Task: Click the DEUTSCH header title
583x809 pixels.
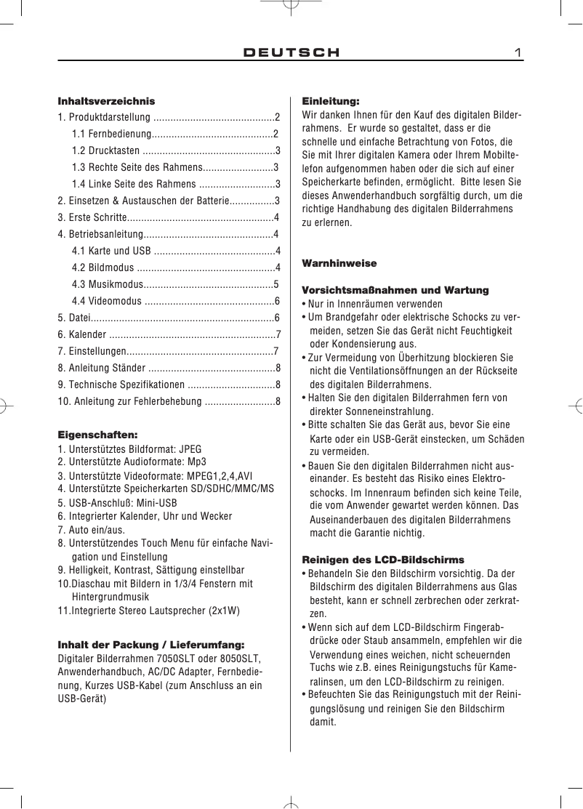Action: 291,52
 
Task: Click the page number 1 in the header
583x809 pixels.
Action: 518,52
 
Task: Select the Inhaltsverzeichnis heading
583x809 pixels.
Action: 106,101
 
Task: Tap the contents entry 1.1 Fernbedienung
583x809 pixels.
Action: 111,134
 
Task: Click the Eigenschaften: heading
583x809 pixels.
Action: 97,435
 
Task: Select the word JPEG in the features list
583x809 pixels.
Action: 190,448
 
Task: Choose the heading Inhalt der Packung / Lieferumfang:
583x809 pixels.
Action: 151,644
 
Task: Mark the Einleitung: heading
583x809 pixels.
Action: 331,101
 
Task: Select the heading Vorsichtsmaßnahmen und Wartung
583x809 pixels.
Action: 395,290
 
